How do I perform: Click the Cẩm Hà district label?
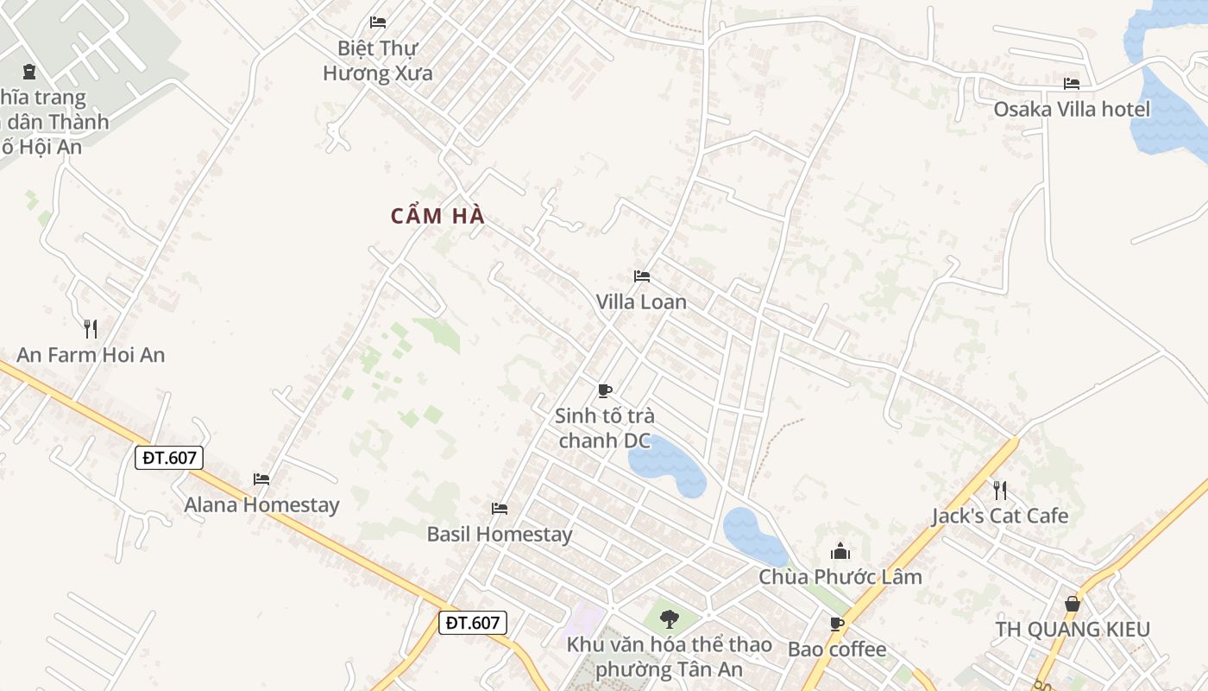[x=437, y=216]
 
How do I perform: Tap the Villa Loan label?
[x=641, y=301]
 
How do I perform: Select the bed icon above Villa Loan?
[x=641, y=276]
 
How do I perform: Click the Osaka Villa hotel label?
[x=1072, y=109]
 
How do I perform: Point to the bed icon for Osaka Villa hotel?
[x=1072, y=84]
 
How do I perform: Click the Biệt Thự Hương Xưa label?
[x=378, y=60]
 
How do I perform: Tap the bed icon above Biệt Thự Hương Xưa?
[x=378, y=22]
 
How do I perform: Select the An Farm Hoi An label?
[x=91, y=354]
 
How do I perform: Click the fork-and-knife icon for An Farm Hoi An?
[x=90, y=328]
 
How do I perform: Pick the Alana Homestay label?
[x=261, y=504]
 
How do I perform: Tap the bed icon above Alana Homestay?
[x=261, y=479]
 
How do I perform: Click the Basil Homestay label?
[x=500, y=534]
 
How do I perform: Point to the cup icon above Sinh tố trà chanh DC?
[x=605, y=390]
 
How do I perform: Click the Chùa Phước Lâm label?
[x=840, y=576]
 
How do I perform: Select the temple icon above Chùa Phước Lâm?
[x=840, y=551]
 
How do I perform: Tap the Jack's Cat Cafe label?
[x=1000, y=516]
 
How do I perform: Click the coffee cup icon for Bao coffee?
[x=836, y=624]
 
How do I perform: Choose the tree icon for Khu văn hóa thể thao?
[x=669, y=618]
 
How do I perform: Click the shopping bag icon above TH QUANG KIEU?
[x=1073, y=603]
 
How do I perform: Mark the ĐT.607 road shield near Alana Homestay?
[x=169, y=457]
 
